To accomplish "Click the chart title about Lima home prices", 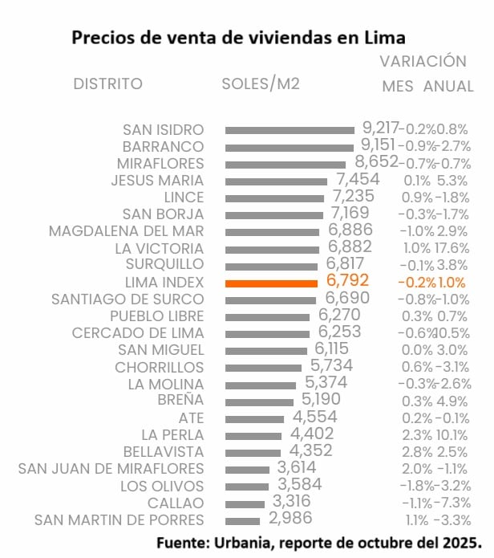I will pyautogui.click(x=238, y=38).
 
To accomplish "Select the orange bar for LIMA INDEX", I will pyautogui.click(x=273, y=283).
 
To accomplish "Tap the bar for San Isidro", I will pyautogui.click(x=290, y=129).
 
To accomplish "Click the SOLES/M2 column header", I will pyautogui.click(x=261, y=84).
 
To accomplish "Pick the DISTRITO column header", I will pyautogui.click(x=107, y=84).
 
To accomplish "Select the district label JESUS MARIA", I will pyautogui.click(x=157, y=180).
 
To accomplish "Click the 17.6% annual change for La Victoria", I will pyautogui.click(x=451, y=248).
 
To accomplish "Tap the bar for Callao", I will pyautogui.click(x=245, y=503).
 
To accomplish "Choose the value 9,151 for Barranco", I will pyautogui.click(x=379, y=145).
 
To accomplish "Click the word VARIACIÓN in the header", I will pyautogui.click(x=423, y=62).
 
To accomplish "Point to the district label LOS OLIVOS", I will pyautogui.click(x=162, y=486).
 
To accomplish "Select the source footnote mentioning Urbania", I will pyautogui.click(x=319, y=542).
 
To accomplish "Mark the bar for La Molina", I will pyautogui.click(x=261, y=384).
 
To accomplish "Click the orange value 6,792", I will pyautogui.click(x=347, y=282).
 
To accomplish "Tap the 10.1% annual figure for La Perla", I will pyautogui.click(x=451, y=435).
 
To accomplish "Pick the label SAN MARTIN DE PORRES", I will pyautogui.click(x=119, y=519).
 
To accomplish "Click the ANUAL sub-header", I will pyautogui.click(x=448, y=86).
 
